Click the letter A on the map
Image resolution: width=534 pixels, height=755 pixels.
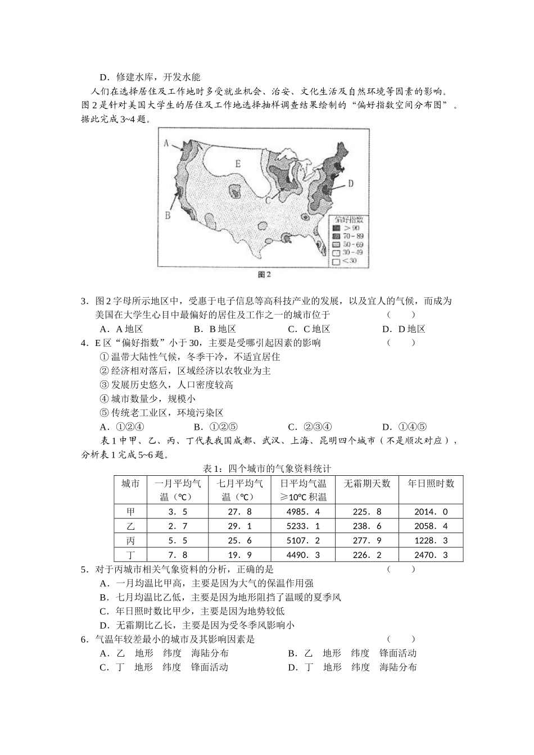coord(166,143)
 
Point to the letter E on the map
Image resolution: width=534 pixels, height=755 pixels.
coord(238,164)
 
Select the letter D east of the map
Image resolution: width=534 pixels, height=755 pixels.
coord(350,183)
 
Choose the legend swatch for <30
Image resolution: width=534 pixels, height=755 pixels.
coord(337,261)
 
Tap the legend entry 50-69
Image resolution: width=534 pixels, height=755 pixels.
coord(349,245)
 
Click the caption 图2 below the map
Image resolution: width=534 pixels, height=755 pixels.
coord(264,275)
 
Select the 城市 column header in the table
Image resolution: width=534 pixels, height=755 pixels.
coord(130,483)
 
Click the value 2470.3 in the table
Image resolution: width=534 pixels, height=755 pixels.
coord(431,554)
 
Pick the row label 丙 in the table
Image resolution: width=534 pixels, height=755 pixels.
coord(130,540)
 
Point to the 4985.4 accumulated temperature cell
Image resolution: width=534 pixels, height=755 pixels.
coord(303,512)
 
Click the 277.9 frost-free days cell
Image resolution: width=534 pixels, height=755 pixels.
coord(366,540)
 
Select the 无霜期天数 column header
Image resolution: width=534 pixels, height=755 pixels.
coord(366,483)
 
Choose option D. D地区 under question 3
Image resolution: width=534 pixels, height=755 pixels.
coord(403,329)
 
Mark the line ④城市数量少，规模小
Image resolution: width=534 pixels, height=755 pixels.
coord(147,399)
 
